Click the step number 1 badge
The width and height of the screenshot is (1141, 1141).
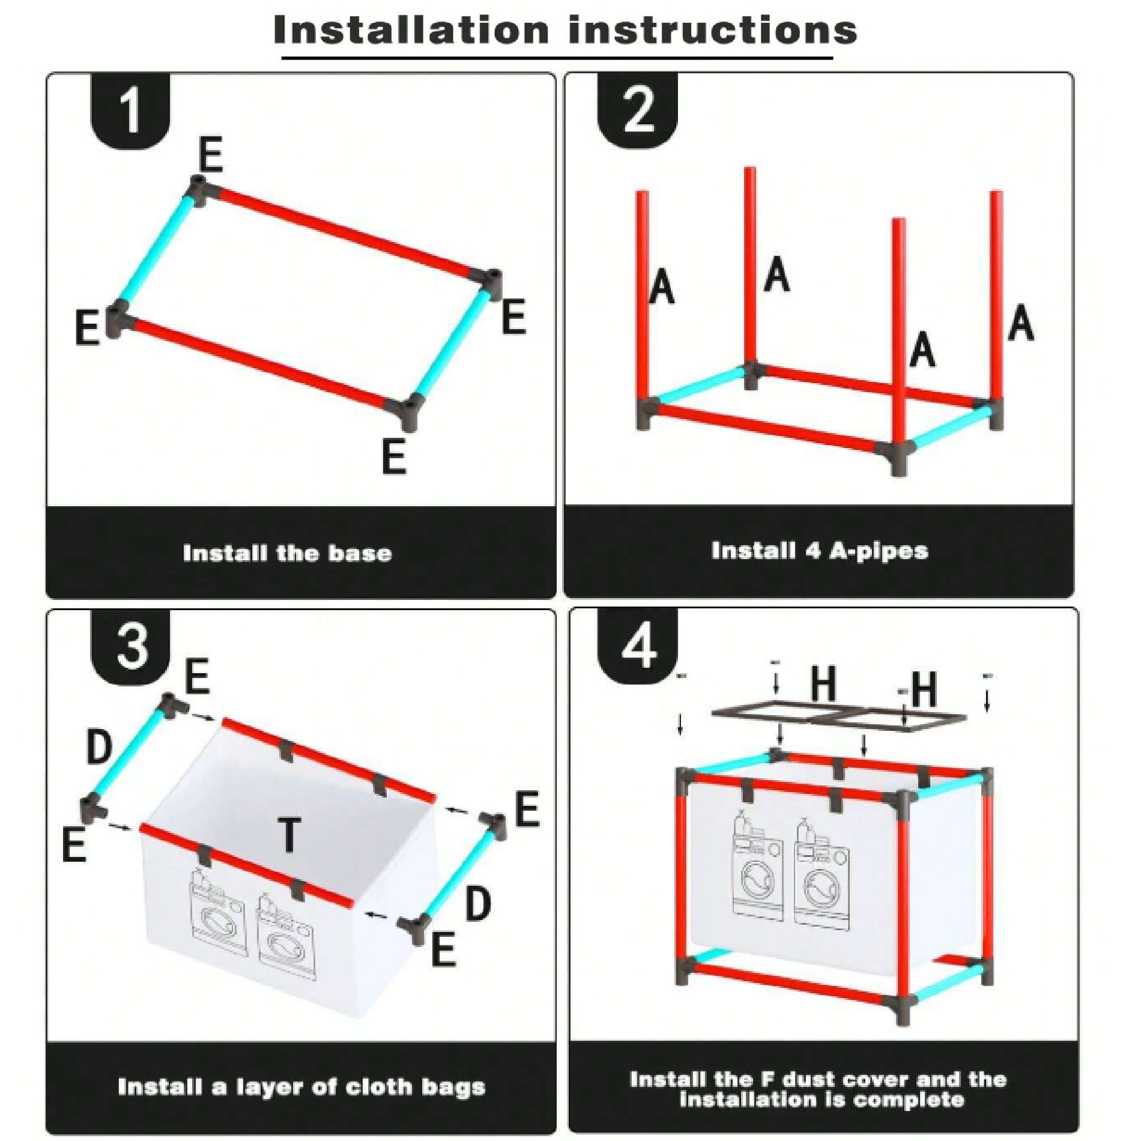tap(130, 111)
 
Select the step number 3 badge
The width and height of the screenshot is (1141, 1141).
tap(130, 647)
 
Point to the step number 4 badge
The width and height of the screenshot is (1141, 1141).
tap(638, 647)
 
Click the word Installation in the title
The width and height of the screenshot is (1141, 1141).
tap(411, 30)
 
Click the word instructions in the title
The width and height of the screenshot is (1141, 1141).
tap(713, 30)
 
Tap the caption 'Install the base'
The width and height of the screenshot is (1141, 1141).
tap(287, 553)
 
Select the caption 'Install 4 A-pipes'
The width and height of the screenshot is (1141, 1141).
tap(820, 551)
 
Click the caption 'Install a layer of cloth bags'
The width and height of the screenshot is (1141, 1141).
tap(301, 1087)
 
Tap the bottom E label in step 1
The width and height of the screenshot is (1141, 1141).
tap(394, 456)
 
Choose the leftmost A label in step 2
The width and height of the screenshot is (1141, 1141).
tap(662, 286)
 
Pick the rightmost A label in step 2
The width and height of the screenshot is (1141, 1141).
tap(1021, 322)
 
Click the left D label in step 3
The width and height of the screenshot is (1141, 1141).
tap(100, 746)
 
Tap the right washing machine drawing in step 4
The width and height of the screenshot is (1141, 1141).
tap(822, 873)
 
